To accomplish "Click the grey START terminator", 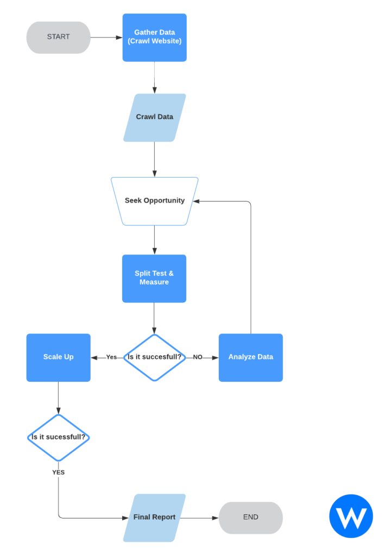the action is [x=58, y=37].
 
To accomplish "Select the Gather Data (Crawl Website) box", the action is [x=154, y=37].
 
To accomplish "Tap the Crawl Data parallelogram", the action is [x=154, y=118].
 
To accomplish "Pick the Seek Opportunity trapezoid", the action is [x=154, y=201].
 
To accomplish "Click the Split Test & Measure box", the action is [x=154, y=279].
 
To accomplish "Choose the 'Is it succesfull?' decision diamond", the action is [x=154, y=357].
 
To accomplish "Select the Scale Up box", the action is [x=58, y=357].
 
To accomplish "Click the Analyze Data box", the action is [x=250, y=357].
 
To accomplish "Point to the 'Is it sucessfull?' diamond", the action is [x=58, y=438].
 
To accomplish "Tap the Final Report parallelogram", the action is [x=154, y=517].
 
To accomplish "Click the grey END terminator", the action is [x=250, y=517].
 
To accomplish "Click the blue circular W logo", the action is [x=351, y=516].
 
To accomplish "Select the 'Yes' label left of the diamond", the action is [x=111, y=357].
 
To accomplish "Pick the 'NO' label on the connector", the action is [x=198, y=357].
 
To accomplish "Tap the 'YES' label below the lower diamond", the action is [x=58, y=472].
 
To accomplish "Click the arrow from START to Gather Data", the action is [x=106, y=37].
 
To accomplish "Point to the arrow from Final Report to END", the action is [x=199, y=518].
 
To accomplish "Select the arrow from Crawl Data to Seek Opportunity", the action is [x=154, y=159].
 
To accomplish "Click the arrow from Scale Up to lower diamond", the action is [x=58, y=398].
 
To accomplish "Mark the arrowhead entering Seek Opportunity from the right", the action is [x=196, y=201].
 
